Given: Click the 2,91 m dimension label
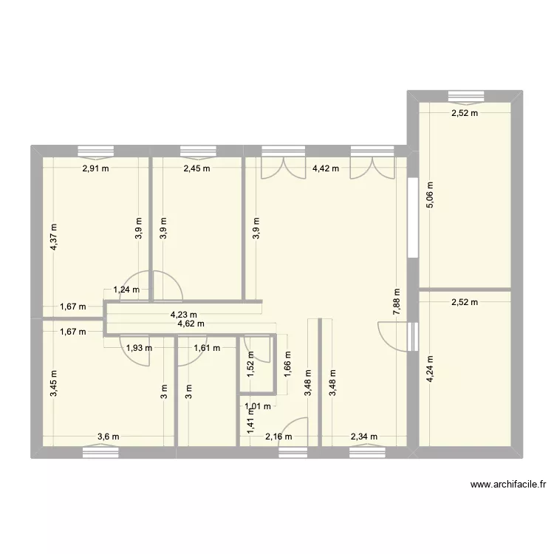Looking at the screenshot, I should (95, 168).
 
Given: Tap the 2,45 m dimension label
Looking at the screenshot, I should (196, 168).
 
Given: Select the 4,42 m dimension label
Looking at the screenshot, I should (326, 168).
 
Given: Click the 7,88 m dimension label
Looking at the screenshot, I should (397, 304).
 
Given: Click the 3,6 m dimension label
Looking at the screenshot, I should (108, 437).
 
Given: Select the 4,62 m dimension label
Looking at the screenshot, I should (191, 324).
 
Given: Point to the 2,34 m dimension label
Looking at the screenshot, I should (363, 437).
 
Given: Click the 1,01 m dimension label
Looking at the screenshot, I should (259, 405).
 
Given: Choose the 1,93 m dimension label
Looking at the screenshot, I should (138, 348).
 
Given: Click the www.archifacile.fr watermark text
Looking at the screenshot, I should (508, 485).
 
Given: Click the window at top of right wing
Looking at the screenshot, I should (465, 95).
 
